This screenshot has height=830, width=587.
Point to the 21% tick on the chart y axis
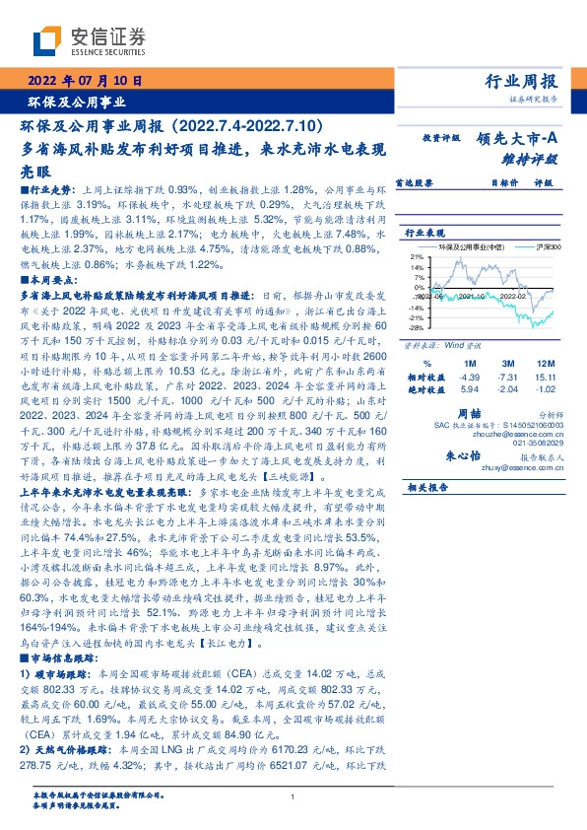pos(418,255)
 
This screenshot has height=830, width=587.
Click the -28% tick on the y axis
pos(418,326)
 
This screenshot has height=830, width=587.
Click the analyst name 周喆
pos(494,416)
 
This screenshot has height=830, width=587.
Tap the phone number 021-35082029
pos(532,445)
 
